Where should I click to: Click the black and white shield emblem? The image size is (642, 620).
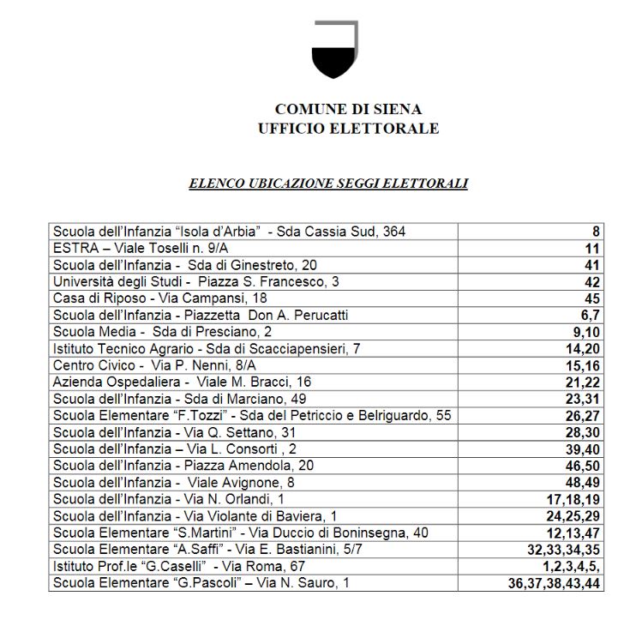click(334, 49)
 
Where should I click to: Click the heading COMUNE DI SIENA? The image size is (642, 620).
click(348, 110)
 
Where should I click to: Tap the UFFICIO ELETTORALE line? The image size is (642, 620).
click(348, 129)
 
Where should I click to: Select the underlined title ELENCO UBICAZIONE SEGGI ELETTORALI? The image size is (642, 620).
click(327, 183)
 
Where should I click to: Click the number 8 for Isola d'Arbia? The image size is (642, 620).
click(596, 232)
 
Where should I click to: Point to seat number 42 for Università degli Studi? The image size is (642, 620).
click(591, 282)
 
